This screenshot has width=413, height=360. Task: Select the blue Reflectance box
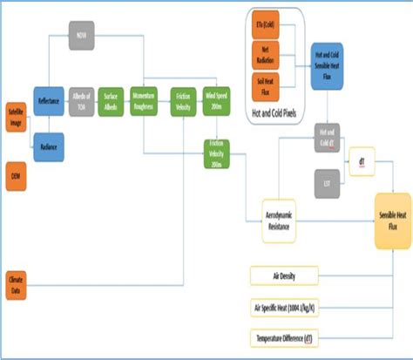[x=49, y=100]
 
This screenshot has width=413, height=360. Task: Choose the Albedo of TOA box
[x=81, y=100]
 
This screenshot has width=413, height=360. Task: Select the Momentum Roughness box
[x=144, y=100]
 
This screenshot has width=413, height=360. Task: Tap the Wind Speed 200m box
[x=215, y=100]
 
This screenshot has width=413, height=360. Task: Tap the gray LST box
[x=328, y=182]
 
